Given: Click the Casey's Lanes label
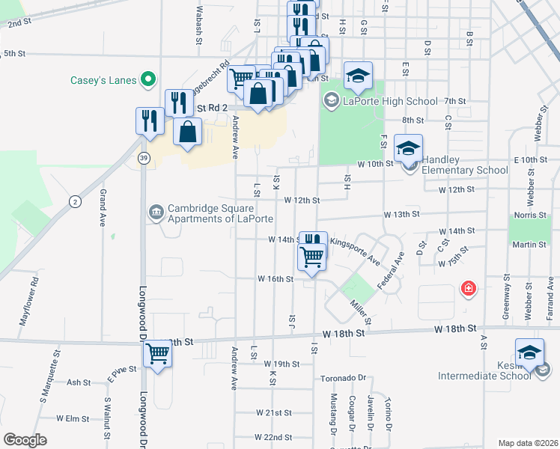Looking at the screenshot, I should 104,80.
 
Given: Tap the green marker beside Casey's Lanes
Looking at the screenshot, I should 149,79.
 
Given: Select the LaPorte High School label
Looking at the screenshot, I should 390,101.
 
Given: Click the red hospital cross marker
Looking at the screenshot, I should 469,288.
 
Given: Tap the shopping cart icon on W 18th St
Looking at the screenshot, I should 157,352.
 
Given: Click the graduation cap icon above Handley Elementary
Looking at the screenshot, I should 409,148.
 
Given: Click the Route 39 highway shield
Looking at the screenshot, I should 142,157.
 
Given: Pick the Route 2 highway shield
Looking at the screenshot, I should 75,201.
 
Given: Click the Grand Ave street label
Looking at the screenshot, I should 103,208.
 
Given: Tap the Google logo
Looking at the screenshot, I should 25,440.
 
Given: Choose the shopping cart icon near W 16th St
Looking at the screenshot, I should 311,257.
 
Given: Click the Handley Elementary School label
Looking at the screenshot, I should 465,165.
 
